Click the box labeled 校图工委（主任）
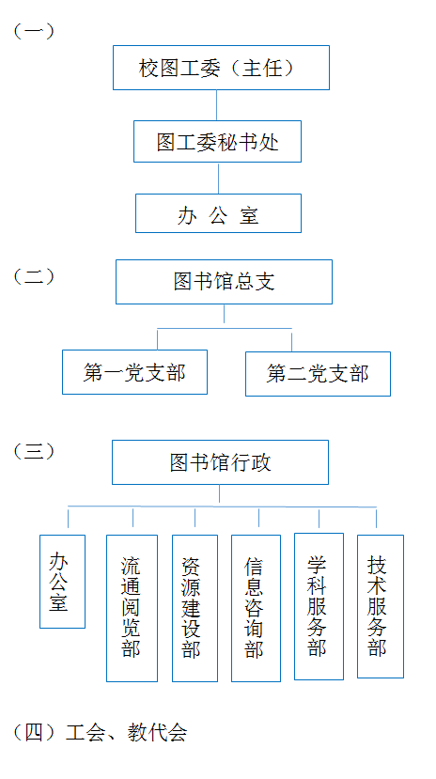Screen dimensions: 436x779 click(221, 68)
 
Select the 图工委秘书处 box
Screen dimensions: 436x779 click(217, 141)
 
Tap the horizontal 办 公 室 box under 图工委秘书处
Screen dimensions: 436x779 click(219, 213)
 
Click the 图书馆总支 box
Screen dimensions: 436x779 click(224, 282)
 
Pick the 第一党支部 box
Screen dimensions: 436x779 click(134, 372)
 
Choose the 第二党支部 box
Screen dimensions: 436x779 click(318, 374)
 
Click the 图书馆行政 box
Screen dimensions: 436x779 click(220, 462)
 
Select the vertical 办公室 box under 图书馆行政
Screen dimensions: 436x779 click(63, 582)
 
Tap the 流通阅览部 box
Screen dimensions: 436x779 click(132, 608)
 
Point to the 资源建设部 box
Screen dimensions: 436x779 click(195, 608)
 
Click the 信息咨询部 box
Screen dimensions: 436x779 click(256, 608)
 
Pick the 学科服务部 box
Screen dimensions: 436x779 click(319, 606)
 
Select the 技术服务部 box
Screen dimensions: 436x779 click(381, 606)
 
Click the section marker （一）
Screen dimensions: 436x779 click(34, 31)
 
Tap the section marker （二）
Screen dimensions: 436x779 click(34, 276)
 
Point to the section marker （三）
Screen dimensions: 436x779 click(34, 452)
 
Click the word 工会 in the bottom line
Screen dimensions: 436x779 click(85, 733)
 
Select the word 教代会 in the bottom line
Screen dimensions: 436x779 click(157, 733)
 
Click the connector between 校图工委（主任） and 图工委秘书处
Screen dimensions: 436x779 click(216, 105)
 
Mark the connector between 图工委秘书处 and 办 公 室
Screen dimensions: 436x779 click(219, 178)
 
